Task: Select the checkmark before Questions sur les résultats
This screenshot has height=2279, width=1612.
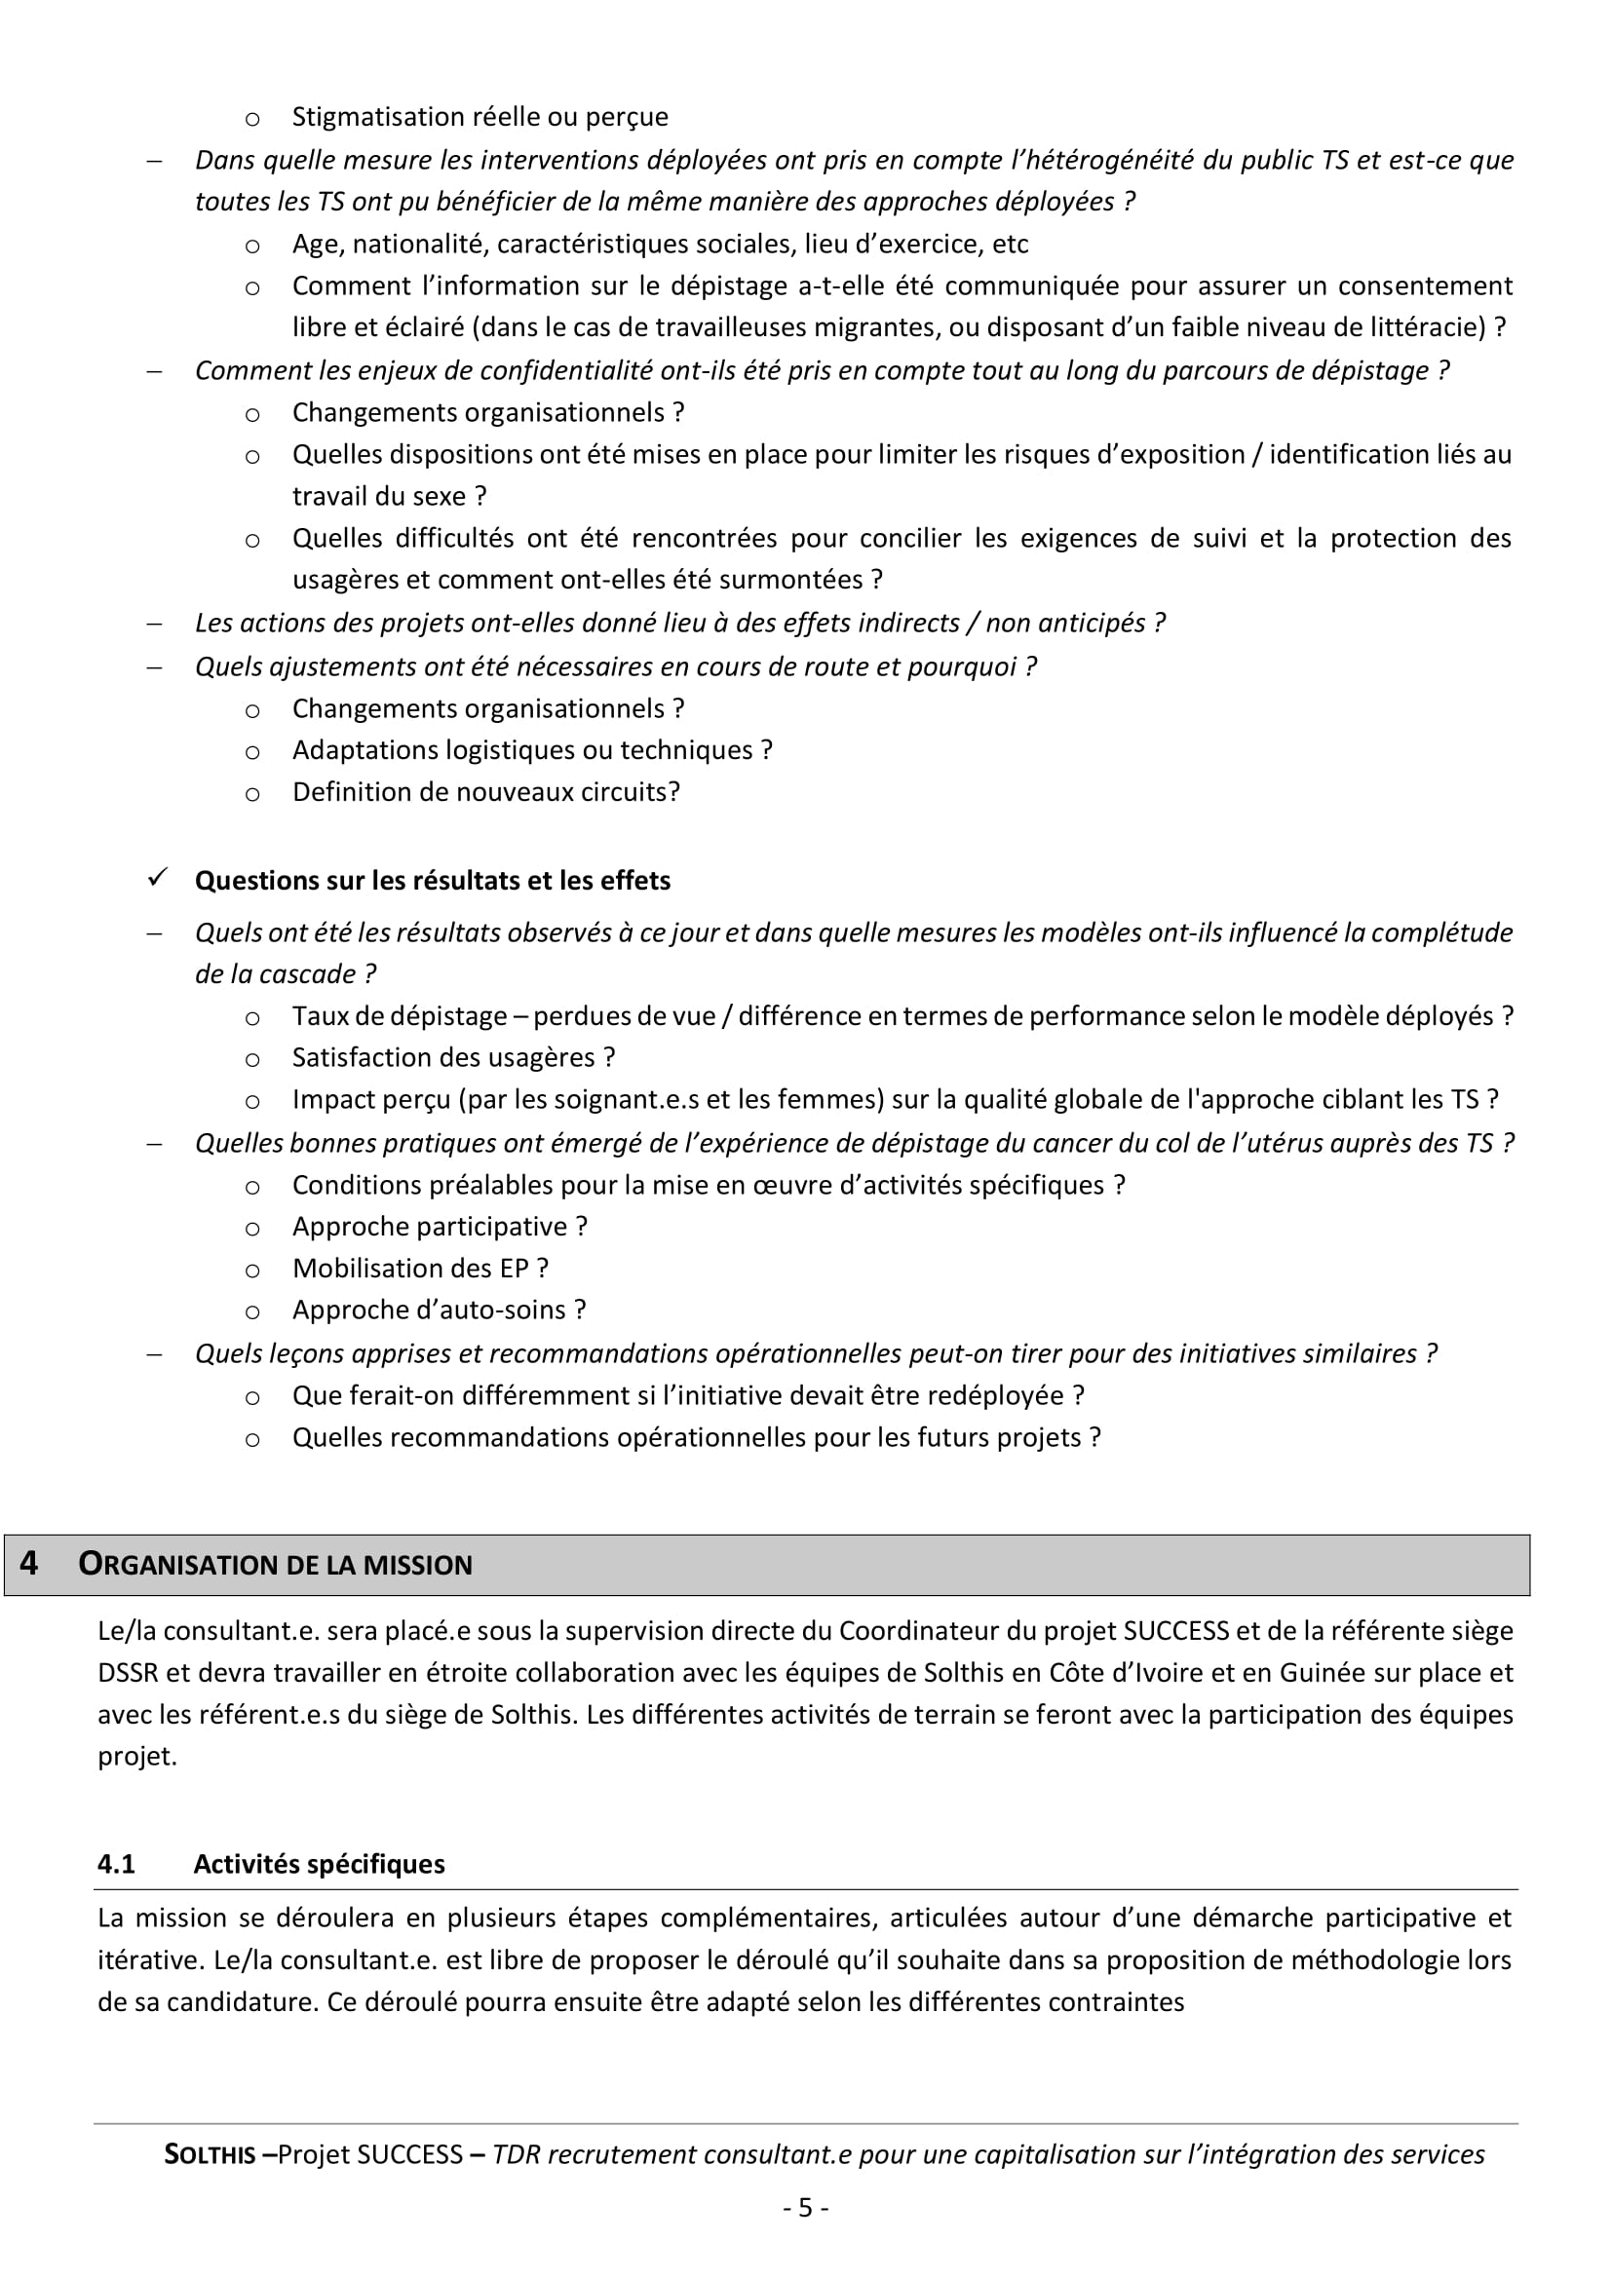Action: (x=157, y=879)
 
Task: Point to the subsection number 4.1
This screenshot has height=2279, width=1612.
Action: (x=116, y=1864)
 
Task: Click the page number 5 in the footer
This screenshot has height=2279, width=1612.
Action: (x=805, y=2207)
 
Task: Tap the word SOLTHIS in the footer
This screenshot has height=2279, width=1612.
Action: (x=210, y=2155)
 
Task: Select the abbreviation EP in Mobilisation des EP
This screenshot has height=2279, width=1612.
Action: (x=515, y=1268)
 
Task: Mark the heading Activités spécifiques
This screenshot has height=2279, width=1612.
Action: (x=319, y=1864)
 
